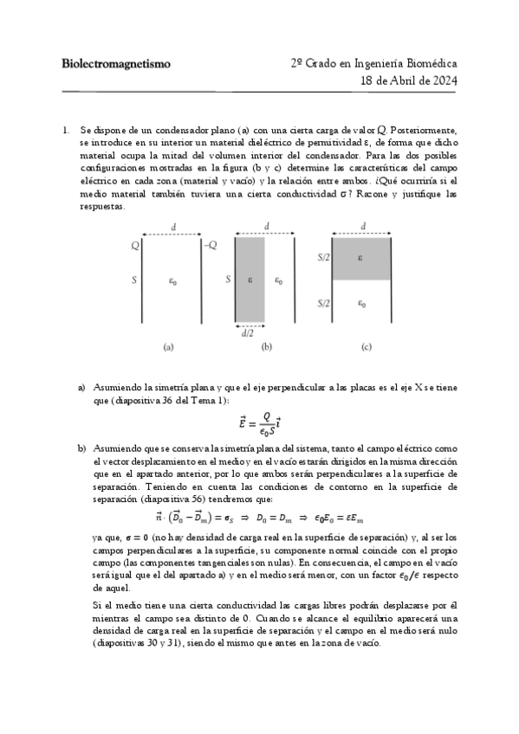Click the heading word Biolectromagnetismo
pyautogui.click(x=116, y=64)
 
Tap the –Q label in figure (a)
pyautogui.click(x=209, y=246)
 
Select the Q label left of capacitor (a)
pyautogui.click(x=135, y=246)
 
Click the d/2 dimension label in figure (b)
pyautogui.click(x=248, y=332)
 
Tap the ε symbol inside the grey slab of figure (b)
pyautogui.click(x=250, y=280)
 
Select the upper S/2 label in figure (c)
pyautogui.click(x=322, y=257)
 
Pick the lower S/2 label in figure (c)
pyautogui.click(x=322, y=303)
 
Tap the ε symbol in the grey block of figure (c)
pyautogui.click(x=363, y=257)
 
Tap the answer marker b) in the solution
pyautogui.click(x=81, y=448)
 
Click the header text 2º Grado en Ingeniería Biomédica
pyautogui.click(x=374, y=64)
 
